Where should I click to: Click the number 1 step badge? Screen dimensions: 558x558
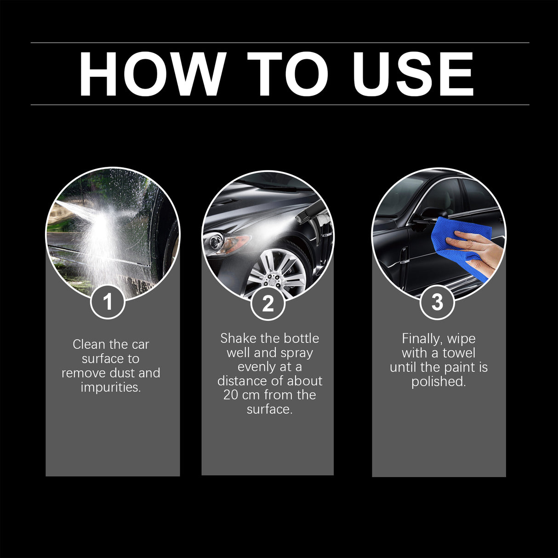tap(108, 302)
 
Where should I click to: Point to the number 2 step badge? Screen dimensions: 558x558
tap(268, 303)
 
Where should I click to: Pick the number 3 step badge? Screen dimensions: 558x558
tap(437, 302)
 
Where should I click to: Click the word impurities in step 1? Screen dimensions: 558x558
tap(110, 387)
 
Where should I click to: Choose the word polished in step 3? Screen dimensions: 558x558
tap(438, 381)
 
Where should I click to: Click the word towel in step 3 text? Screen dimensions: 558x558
tap(459, 353)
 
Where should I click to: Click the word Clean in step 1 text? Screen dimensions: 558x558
tap(89, 344)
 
